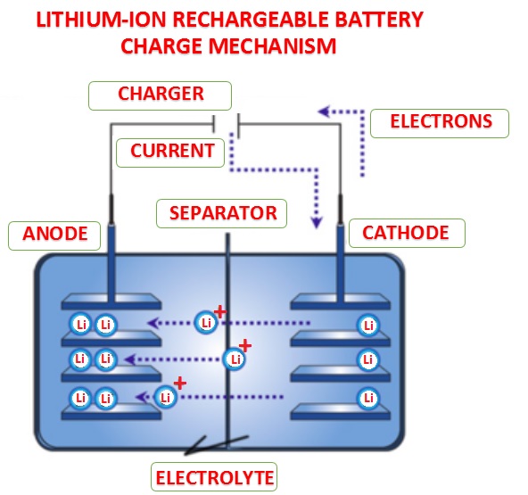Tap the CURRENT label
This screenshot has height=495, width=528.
[x=172, y=151]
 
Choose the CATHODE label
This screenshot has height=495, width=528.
[x=405, y=234]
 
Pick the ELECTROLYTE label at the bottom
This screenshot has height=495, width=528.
[x=214, y=475]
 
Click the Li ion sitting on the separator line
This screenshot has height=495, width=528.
[x=235, y=359]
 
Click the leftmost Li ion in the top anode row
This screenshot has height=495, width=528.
[x=80, y=325]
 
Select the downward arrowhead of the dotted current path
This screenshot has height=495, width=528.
[x=315, y=219]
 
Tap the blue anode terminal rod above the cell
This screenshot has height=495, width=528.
[x=109, y=254]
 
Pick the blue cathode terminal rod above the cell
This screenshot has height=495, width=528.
[x=339, y=254]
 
